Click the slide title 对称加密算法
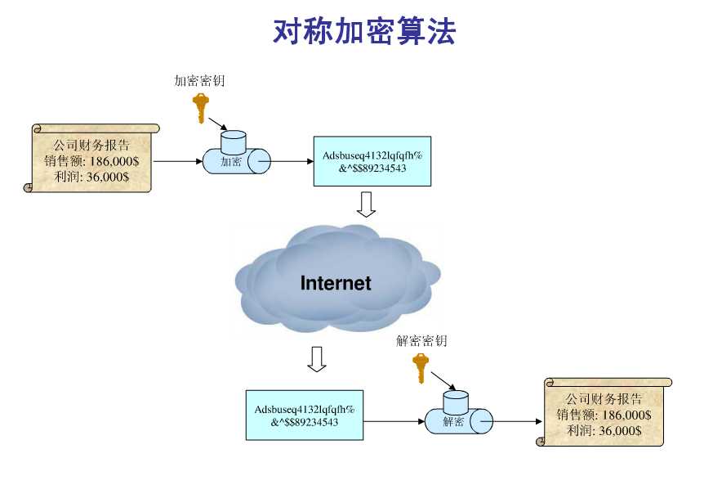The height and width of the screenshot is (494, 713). point(363,31)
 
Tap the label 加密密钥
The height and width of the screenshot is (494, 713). point(199,81)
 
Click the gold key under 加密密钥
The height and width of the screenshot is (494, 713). point(200,108)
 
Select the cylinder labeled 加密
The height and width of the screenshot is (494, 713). point(236,153)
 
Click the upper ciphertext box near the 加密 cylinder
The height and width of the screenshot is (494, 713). point(372,161)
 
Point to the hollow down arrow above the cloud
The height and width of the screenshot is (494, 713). point(366,204)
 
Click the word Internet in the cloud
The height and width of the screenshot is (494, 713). point(336,283)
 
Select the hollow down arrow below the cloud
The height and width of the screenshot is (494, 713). point(317,359)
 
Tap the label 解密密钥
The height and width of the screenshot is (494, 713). point(421,340)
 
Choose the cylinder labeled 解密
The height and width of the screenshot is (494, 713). point(459,412)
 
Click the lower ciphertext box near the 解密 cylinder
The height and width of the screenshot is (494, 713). point(305,415)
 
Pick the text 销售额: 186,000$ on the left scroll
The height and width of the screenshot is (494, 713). point(91,161)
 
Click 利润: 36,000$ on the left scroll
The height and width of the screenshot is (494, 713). point(91,177)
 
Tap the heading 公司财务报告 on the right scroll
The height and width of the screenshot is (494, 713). point(604,399)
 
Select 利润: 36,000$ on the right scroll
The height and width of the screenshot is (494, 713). point(604,430)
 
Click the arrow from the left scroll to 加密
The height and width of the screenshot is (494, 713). point(178,161)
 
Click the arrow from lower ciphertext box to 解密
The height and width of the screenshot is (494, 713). point(394,421)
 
